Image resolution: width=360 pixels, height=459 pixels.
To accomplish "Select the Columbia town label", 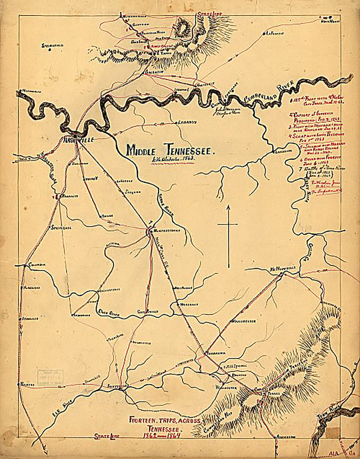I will [37, 264].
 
